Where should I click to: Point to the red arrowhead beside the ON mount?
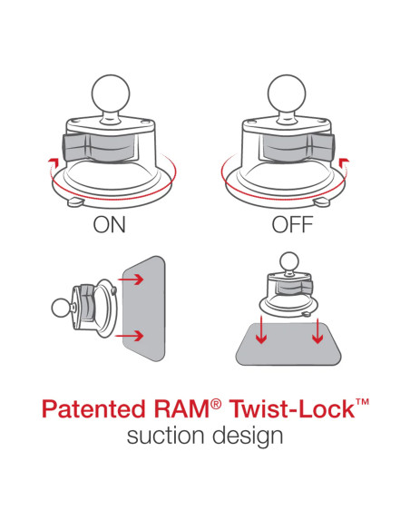point(60,162)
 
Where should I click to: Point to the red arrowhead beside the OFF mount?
point(342,162)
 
